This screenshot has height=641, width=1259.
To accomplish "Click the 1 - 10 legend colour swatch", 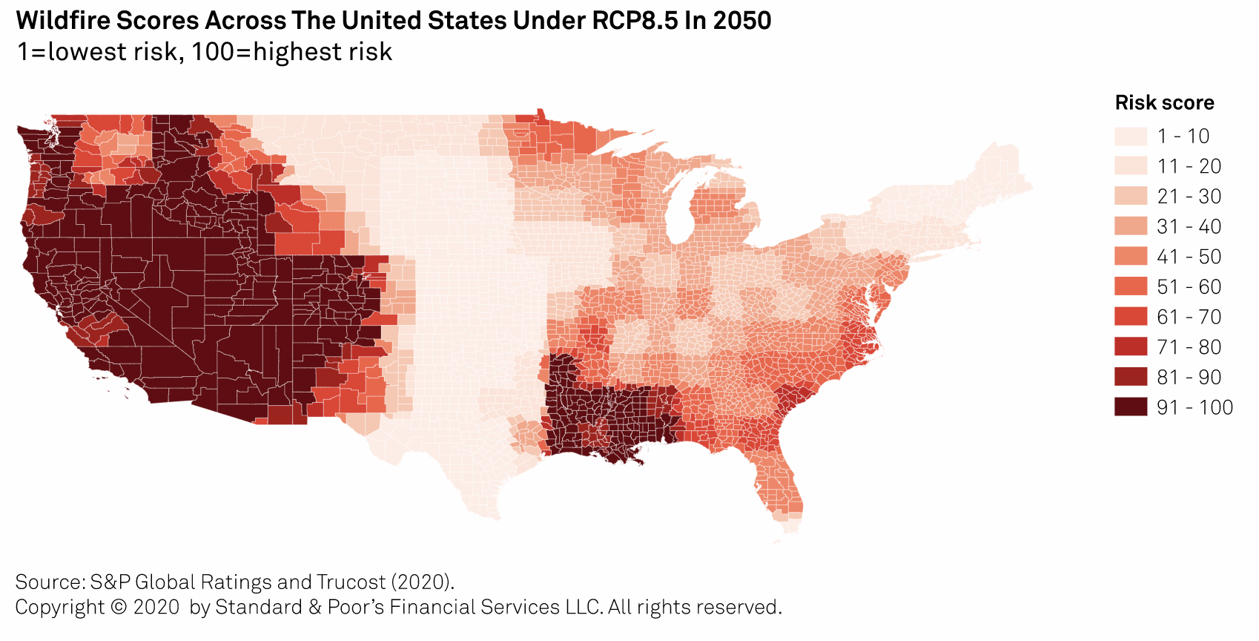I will pyautogui.click(x=1130, y=137).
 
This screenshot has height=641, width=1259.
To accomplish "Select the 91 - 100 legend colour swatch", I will pyautogui.click(x=1130, y=407).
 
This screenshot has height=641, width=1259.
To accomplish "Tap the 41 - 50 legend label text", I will pyautogui.click(x=1189, y=257).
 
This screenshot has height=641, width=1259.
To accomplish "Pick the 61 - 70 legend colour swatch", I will pyautogui.click(x=1130, y=317).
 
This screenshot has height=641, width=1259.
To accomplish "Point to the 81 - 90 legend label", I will pyautogui.click(x=1189, y=377).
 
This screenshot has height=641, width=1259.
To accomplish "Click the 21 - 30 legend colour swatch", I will pyautogui.click(x=1130, y=197).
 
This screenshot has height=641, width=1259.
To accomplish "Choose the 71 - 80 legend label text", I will pyautogui.click(x=1189, y=347).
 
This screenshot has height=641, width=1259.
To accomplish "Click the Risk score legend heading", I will pyautogui.click(x=1164, y=103).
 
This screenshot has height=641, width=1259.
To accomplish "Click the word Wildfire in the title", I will pyautogui.click(x=58, y=21).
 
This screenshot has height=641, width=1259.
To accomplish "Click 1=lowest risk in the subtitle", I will pyautogui.click(x=97, y=52).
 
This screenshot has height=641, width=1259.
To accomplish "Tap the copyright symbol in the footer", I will pyautogui.click(x=119, y=607).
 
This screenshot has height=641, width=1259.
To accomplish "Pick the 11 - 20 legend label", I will pyautogui.click(x=1189, y=166).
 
